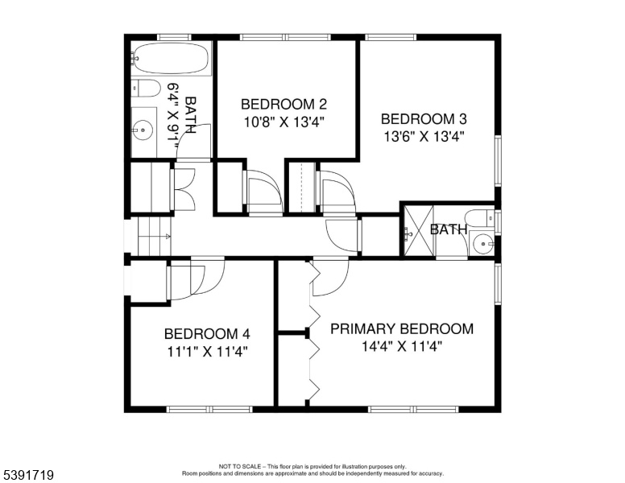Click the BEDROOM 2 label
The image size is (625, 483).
tap(284, 105)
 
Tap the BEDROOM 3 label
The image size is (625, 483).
tap(424, 119)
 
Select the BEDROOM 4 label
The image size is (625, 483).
tap(207, 334)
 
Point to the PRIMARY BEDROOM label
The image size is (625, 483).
tap(402, 329)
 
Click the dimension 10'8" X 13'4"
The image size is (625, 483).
tap(284, 122)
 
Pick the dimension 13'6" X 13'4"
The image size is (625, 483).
tap(424, 137)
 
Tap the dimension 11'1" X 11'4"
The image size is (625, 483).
tap(207, 352)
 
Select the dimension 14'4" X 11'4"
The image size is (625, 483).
tap(402, 346)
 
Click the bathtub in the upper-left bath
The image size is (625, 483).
tap(171, 59)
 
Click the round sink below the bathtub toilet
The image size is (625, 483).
tap(143, 130)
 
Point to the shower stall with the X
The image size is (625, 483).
tap(419, 230)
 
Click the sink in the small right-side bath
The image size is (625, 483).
tap(483, 243)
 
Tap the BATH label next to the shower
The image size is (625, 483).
tap(449, 229)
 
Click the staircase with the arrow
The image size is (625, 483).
tap(155, 237)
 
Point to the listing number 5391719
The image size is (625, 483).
tap(28, 475)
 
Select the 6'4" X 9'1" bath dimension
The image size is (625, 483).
tap(174, 116)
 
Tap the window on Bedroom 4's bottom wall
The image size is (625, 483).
tap(209, 409)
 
